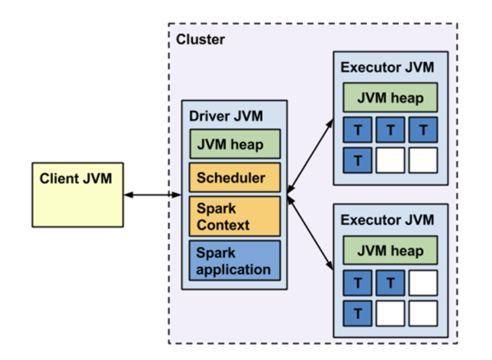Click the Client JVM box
(78, 195)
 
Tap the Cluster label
(200, 39)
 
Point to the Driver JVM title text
(226, 116)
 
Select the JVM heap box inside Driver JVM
(235, 144)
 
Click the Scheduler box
(235, 178)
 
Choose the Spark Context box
(235, 216)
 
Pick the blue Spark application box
(235, 261)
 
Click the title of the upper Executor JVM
(387, 68)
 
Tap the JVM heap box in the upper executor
(390, 98)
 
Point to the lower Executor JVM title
(387, 220)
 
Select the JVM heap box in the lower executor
(390, 250)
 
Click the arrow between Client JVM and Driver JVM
(152, 195)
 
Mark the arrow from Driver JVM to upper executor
(310, 156)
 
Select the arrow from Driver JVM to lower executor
(310, 233)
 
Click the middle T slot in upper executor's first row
(390, 130)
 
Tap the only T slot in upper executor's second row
(358, 160)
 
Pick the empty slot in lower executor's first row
(423, 283)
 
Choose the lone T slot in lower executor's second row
(358, 314)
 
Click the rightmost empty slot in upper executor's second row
(423, 160)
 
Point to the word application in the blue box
(234, 270)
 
